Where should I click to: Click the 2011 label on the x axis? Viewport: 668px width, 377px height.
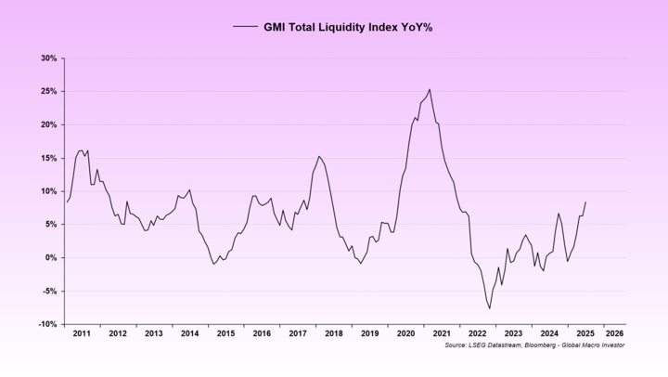(x=81, y=332)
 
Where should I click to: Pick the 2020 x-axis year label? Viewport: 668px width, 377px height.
(x=405, y=332)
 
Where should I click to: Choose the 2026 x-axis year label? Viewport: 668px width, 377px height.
(x=613, y=332)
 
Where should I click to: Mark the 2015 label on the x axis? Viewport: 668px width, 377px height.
(x=225, y=332)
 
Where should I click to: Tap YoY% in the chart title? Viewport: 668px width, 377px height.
(x=414, y=27)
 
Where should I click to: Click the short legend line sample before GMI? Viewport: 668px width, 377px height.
(x=245, y=27)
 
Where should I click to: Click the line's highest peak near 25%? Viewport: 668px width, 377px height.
(x=430, y=89)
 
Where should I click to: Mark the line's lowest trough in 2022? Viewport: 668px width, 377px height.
(x=490, y=308)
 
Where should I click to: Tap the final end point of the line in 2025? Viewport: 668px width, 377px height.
(x=585, y=202)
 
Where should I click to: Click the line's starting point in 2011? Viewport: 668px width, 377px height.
(x=67, y=201)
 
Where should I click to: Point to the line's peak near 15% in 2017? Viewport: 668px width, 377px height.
(x=318, y=156)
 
